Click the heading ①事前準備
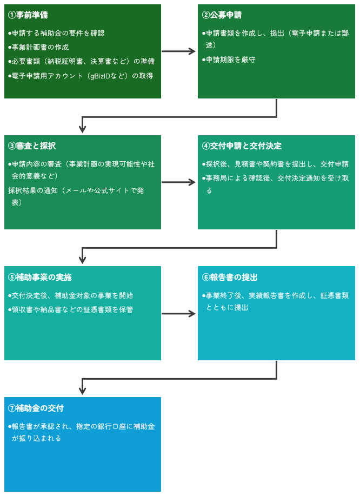click(32, 15)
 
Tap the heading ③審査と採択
click(32, 146)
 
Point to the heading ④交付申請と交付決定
click(242, 146)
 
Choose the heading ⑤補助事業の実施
click(40, 277)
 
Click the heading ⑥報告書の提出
click(230, 277)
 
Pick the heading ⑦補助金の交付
click(36, 408)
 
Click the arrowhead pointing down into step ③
click(83, 129)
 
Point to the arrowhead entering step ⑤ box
click(83, 260)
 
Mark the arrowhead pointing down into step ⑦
click(83, 391)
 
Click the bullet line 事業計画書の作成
click(39, 47)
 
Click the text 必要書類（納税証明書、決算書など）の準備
click(82, 61)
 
